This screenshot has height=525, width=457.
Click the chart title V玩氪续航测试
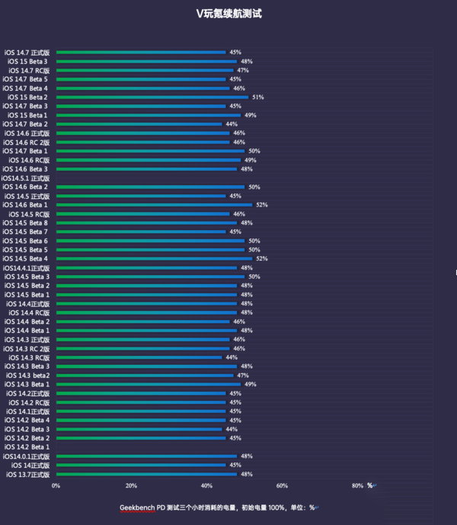click(228, 14)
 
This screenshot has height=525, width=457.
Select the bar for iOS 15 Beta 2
click(152, 98)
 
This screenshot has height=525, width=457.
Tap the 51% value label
click(257, 98)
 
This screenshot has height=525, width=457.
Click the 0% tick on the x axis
click(56, 485)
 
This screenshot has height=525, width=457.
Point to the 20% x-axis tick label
click(131, 485)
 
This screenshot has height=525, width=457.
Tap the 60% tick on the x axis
click(282, 485)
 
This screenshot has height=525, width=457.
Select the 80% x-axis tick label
click(357, 485)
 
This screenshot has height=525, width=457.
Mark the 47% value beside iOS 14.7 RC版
click(243, 70)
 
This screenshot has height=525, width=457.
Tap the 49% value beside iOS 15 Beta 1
click(250, 115)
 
